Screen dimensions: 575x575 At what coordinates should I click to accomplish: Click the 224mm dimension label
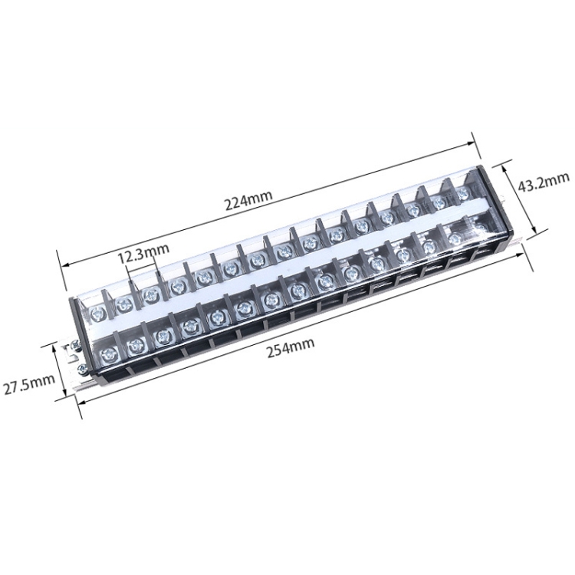click(248, 204)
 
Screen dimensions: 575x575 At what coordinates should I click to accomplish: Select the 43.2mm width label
click(544, 185)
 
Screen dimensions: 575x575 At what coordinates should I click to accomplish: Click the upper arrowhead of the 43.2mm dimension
click(505, 162)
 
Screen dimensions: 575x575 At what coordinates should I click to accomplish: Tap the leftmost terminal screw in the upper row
click(97, 313)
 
